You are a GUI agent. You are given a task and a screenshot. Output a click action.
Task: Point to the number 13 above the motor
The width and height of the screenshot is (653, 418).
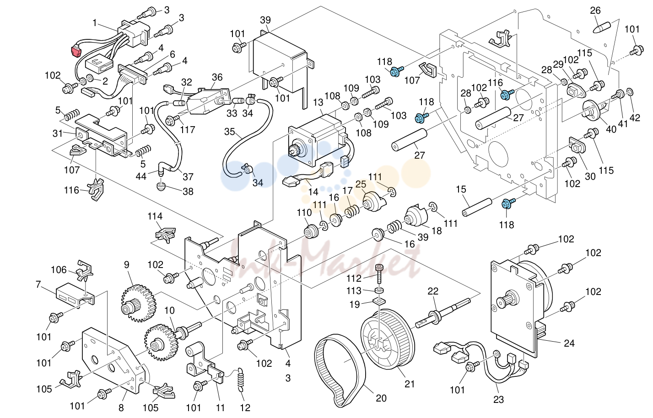coord(318,102)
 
